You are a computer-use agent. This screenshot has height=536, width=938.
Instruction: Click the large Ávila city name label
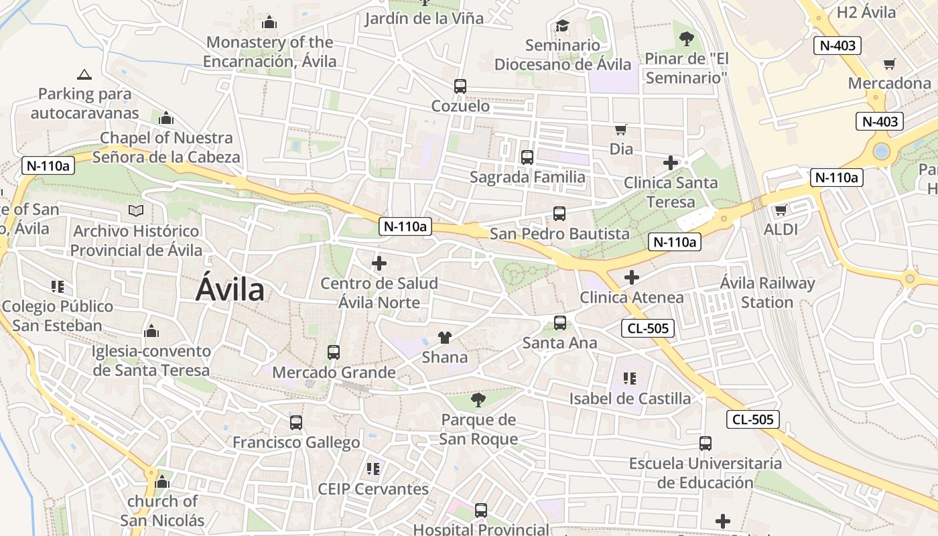(230, 290)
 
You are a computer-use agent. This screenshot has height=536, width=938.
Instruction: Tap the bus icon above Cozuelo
(460, 86)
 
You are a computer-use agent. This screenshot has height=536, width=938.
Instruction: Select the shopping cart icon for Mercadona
(889, 64)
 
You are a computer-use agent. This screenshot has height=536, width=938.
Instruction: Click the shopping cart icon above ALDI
(781, 210)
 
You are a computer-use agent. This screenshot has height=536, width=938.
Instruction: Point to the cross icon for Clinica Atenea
(631, 277)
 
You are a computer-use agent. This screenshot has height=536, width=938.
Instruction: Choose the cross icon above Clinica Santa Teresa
(670, 163)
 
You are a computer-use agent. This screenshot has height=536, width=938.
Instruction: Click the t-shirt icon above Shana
(444, 337)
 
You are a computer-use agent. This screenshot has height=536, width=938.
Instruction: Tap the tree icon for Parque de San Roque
(478, 401)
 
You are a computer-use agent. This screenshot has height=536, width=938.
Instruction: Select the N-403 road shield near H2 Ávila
(837, 46)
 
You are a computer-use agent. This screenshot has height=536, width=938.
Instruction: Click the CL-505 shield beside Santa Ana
(647, 328)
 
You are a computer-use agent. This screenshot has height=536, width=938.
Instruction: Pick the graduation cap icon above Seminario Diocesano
(562, 26)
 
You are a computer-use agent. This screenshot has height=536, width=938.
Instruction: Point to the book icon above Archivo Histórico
(136, 211)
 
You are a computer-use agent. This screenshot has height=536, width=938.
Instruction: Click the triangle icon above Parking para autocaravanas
(84, 74)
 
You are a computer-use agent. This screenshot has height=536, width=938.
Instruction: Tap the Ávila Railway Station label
(767, 293)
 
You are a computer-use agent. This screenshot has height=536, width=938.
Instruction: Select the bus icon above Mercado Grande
(333, 352)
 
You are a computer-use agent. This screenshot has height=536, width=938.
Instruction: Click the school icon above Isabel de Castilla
(629, 379)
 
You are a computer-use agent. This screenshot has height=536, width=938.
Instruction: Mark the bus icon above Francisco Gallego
(295, 423)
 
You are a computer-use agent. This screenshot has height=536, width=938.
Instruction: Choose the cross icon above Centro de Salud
(379, 263)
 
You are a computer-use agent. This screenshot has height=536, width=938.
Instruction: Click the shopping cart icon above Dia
(620, 129)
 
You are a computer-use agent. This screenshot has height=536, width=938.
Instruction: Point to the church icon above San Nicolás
(161, 482)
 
